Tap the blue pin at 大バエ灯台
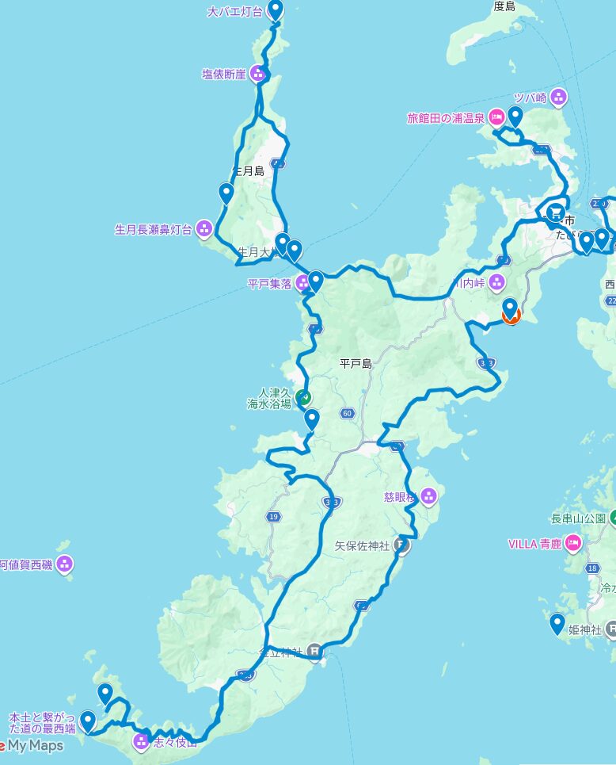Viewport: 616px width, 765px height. pos(276,10)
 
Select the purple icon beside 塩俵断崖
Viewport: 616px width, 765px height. pos(258,74)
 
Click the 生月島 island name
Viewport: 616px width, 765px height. pos(247,171)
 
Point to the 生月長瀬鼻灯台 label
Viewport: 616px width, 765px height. pos(153,230)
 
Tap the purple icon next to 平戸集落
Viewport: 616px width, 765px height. pos(302,282)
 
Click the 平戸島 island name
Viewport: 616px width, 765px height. pos(356,363)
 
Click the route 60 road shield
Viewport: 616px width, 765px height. pos(347,413)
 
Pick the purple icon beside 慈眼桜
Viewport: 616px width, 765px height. pos(428,497)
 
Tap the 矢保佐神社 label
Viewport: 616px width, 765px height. pos(362,545)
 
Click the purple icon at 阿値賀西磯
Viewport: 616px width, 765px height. pos(65,564)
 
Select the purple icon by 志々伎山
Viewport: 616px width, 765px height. pos(141,742)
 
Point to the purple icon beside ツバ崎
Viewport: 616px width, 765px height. pos(559,98)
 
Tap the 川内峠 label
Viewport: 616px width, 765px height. pos(469,281)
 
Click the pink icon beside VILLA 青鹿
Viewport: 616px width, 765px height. pos(573,544)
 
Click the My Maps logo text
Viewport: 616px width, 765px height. pos(36,745)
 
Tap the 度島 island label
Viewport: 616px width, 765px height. pos(504,6)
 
